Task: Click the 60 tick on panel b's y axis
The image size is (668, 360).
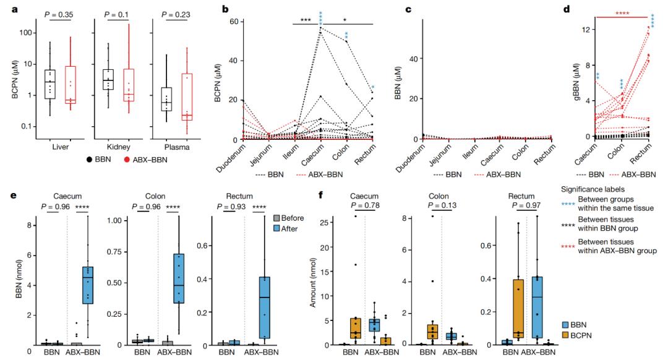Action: pyautogui.click(x=216, y=22)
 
